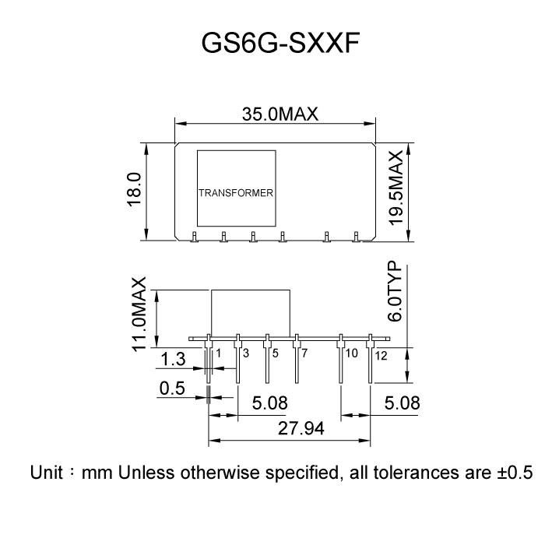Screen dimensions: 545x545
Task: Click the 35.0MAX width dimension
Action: pyautogui.click(x=280, y=114)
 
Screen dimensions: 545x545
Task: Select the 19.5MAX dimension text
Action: pyautogui.click(x=396, y=188)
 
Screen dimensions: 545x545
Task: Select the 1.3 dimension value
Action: pyautogui.click(x=174, y=359)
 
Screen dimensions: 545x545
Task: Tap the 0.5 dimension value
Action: pyautogui.click(x=172, y=388)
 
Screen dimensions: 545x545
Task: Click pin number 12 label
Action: pyautogui.click(x=381, y=355)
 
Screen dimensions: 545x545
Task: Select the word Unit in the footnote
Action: pyautogui.click(x=46, y=473)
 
